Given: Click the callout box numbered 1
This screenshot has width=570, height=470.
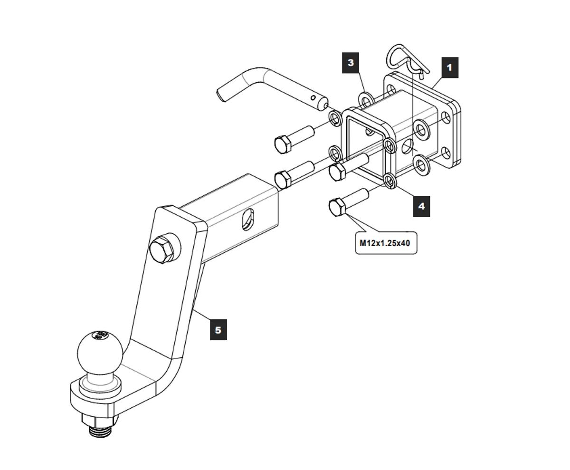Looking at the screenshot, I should [x=449, y=67].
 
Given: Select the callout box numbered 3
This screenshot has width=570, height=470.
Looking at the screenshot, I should [x=351, y=63].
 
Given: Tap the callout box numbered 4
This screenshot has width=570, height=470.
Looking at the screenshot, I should [x=421, y=206].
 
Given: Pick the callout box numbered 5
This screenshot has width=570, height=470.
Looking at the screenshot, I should [x=218, y=330].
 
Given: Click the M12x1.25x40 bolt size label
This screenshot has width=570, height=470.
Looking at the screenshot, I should [x=385, y=243].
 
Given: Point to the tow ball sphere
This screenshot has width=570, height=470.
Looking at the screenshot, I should [x=100, y=351].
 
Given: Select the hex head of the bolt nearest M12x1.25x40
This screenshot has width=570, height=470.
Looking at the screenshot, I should [x=338, y=208].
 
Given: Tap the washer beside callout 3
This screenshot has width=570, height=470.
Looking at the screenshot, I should [x=366, y=101].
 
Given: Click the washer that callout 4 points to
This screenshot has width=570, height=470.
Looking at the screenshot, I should [x=390, y=181].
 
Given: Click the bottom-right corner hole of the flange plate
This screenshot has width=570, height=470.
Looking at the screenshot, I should [x=446, y=153].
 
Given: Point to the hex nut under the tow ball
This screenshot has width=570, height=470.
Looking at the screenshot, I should [x=99, y=420].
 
